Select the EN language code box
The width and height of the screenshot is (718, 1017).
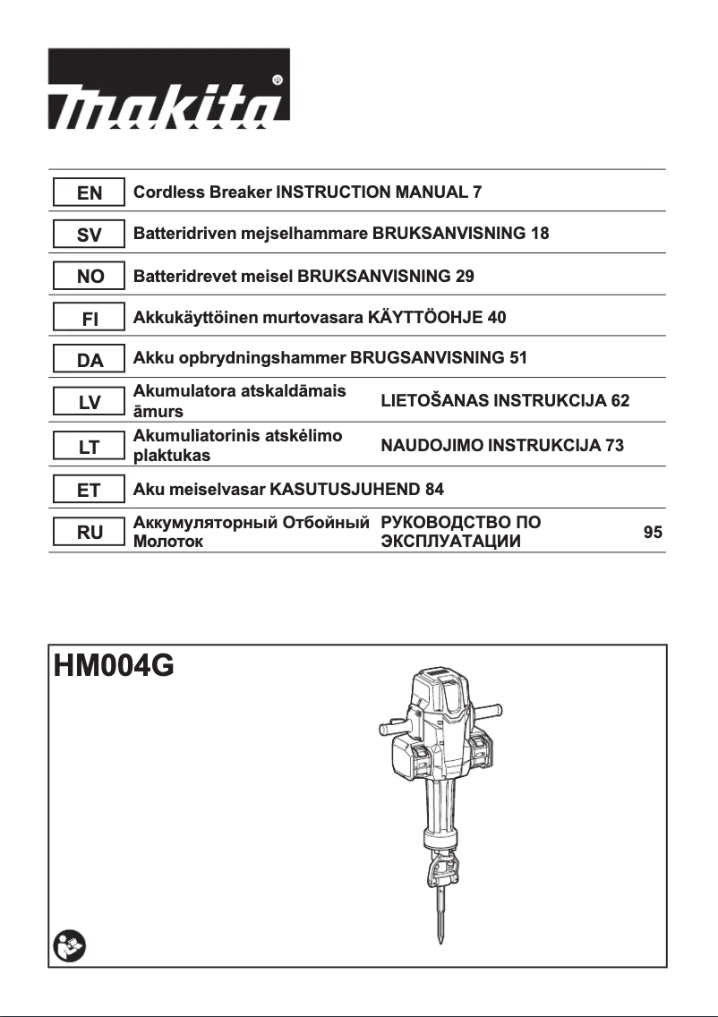[89, 192]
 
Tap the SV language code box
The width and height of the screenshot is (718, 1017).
[89, 235]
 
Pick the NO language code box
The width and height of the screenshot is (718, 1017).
[89, 277]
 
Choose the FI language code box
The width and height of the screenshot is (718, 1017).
[89, 319]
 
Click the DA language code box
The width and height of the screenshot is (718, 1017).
[89, 361]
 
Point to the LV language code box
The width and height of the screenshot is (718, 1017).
[89, 403]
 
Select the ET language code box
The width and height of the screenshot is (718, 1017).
[89, 490]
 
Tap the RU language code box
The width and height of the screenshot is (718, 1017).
[89, 533]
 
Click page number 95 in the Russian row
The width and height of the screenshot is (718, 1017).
[653, 533]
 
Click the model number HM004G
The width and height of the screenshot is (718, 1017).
[114, 669]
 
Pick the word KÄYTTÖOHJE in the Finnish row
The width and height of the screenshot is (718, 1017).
[426, 318]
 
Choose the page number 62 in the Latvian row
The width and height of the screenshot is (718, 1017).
[620, 400]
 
